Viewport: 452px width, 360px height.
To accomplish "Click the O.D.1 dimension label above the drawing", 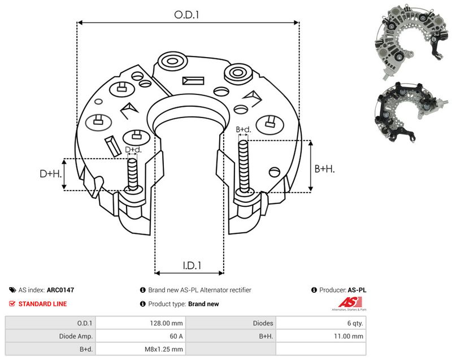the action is (x=187, y=15).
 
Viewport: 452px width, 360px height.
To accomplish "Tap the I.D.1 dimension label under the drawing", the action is (x=192, y=265).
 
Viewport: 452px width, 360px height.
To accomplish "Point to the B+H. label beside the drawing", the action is (x=324, y=168).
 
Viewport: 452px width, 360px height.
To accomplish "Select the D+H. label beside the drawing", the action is (x=51, y=174).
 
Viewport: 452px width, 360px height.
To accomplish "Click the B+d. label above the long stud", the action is (x=244, y=129).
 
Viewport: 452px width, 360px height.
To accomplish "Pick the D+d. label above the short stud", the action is (x=133, y=150).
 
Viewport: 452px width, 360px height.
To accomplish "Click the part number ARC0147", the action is (x=60, y=290).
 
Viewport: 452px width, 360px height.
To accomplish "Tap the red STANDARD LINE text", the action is (x=42, y=304).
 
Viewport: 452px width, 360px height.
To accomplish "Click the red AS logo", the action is (x=350, y=302).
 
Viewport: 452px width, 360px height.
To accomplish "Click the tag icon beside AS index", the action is (x=12, y=290).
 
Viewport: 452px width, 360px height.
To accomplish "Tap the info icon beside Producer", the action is (x=314, y=290).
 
